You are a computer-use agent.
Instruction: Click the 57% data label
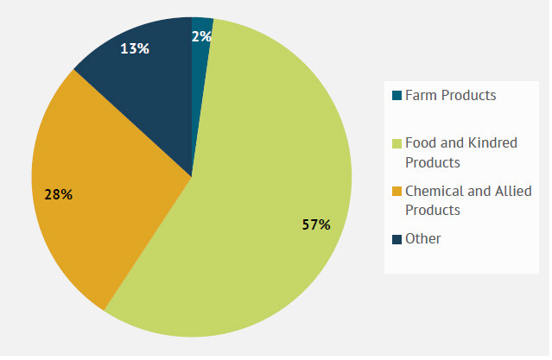click(x=316, y=224)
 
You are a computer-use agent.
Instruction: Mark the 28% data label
click(x=58, y=194)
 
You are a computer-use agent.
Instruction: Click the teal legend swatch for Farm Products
click(x=397, y=96)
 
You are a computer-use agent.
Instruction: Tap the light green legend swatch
click(x=397, y=143)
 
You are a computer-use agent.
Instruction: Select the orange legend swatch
click(x=397, y=191)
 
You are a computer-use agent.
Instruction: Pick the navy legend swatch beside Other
click(x=397, y=239)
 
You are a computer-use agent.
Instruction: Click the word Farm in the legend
click(x=421, y=95)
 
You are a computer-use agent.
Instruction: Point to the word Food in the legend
click(x=421, y=142)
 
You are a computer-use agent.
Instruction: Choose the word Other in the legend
click(x=423, y=238)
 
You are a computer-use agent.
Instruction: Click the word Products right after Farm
click(x=468, y=95)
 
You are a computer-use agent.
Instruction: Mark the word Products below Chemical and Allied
click(x=433, y=210)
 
